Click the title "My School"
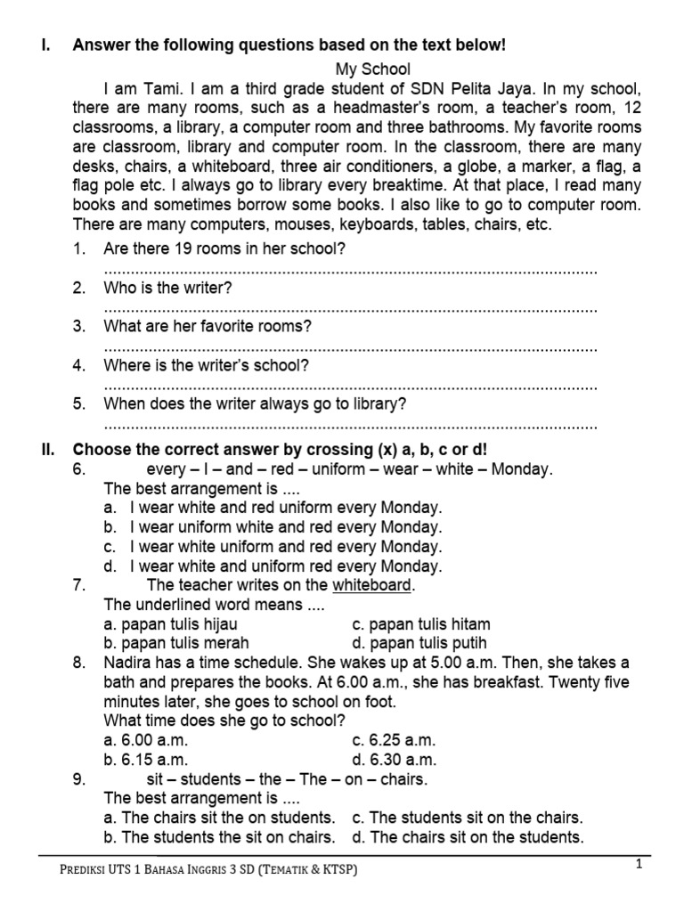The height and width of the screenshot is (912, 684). [372, 69]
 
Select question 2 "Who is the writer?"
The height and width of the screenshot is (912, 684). [167, 288]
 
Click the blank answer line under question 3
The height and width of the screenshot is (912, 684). [350, 347]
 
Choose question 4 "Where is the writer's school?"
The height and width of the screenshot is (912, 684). [206, 365]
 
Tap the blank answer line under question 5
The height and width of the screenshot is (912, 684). [350, 425]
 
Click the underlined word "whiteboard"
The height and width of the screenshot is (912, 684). [372, 585]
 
